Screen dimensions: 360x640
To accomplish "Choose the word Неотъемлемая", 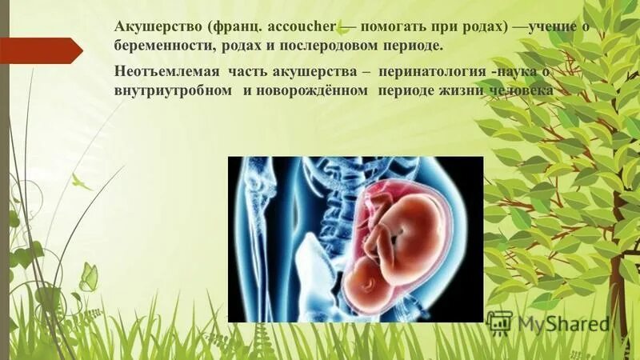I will point(158,71).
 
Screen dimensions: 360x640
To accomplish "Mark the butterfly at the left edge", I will point(88,277).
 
